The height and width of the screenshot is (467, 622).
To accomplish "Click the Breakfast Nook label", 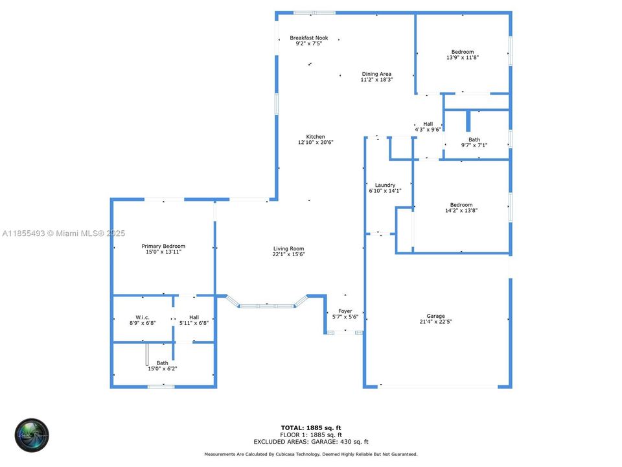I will [x=308, y=38].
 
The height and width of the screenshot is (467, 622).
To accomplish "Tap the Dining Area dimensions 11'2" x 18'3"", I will [x=376, y=80].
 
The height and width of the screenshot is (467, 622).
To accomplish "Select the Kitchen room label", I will [x=316, y=137].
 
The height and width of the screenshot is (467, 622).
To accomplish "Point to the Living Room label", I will [x=288, y=249].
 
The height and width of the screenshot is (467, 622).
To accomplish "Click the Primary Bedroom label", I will [x=163, y=246].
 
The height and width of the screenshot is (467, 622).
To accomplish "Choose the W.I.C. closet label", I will [x=143, y=317].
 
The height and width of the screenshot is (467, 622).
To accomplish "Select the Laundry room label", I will [x=385, y=186].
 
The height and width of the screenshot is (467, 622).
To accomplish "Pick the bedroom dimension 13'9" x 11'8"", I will [x=463, y=58].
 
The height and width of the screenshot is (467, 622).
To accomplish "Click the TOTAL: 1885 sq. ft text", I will [x=311, y=428].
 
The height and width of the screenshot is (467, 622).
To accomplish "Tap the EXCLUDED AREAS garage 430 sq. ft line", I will [x=311, y=441].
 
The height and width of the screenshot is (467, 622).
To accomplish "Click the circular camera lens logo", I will [x=32, y=435].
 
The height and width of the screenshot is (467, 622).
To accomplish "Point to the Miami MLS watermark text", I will [x=63, y=233].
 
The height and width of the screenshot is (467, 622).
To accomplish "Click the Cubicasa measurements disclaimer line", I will [x=311, y=454].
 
